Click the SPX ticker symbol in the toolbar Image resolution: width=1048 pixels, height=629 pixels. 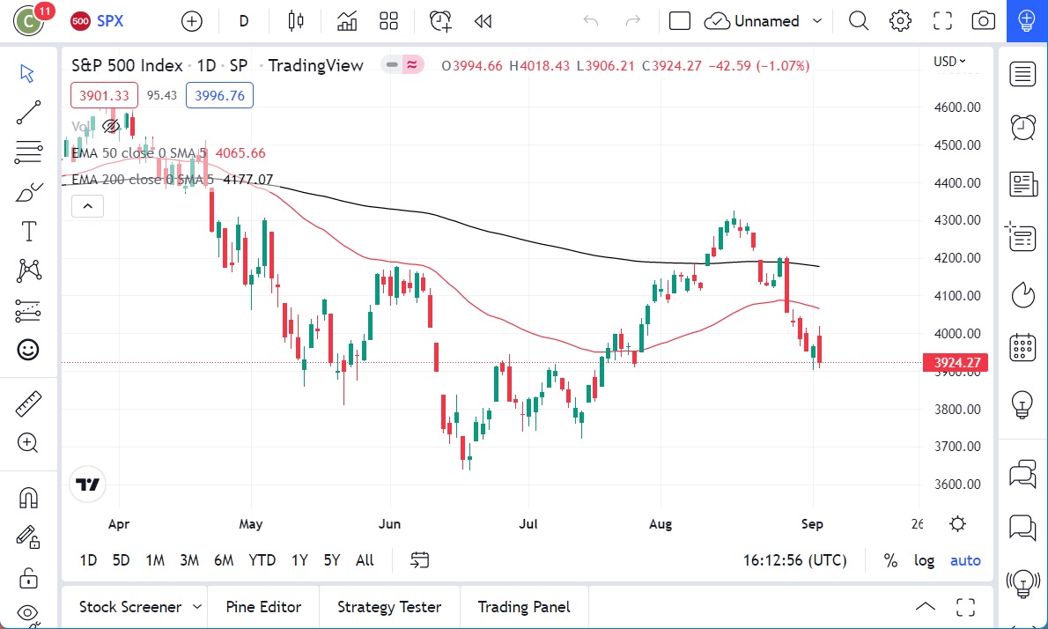(109, 21)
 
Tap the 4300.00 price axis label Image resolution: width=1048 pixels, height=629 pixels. (957, 220)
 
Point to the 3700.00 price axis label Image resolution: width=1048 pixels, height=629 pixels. (957, 447)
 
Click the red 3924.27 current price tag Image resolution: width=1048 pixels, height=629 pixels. (956, 362)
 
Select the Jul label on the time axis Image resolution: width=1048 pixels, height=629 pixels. (528, 524)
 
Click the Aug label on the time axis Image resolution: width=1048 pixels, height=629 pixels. (661, 524)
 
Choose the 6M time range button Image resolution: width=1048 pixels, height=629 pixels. (224, 560)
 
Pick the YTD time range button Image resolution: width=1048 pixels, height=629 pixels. (262, 560)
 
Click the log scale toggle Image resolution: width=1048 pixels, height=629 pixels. (925, 560)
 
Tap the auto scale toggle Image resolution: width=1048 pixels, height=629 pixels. (965, 560)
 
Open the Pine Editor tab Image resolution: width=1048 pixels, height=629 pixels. (263, 607)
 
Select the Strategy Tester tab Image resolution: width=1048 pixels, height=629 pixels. (389, 607)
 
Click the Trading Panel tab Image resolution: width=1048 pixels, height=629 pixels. (524, 607)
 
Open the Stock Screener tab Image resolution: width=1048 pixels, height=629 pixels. (130, 607)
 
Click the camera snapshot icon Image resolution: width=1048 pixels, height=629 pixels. (984, 21)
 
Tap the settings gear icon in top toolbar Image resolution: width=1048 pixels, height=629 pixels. (900, 21)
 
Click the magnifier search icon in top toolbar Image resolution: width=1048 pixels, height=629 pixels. (859, 21)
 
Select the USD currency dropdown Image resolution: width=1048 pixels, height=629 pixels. (949, 62)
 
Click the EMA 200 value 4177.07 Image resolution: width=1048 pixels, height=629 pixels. (248, 180)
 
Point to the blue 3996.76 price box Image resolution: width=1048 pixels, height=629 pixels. (219, 95)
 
